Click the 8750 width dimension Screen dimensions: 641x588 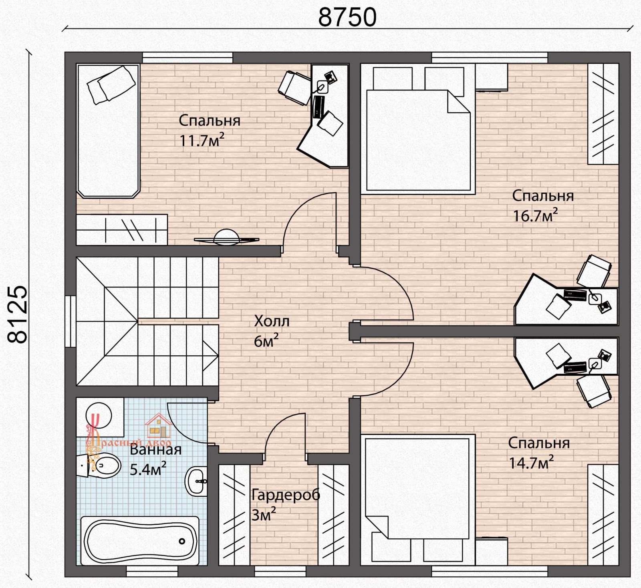[347, 17]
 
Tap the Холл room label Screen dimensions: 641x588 [272, 321]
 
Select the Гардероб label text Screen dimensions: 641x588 [286, 495]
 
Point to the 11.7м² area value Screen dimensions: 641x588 [202, 140]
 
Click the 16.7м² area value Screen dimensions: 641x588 [535, 215]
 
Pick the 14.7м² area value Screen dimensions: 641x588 [531, 463]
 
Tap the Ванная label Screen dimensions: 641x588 [156, 449]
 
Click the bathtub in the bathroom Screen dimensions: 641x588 [140, 541]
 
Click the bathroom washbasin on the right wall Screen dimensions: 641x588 [196, 481]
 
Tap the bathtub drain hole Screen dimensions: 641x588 [182, 541]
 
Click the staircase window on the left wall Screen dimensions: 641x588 [71, 322]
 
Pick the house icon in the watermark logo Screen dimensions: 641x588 [159, 427]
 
